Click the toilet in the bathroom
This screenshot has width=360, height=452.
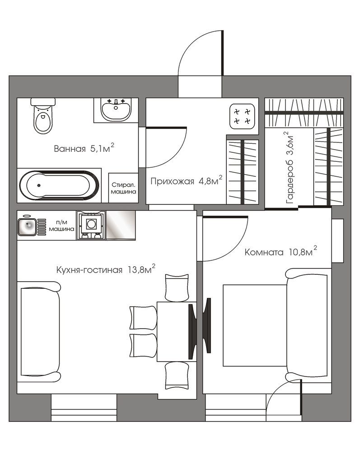coord(43,115)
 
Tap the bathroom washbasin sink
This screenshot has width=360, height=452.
coord(116,109)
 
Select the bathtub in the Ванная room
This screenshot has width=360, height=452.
coord(59,185)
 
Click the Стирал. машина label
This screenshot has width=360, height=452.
coord(124,188)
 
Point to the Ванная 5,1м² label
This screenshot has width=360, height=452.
coord(84,148)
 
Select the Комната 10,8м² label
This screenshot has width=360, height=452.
coord(281,252)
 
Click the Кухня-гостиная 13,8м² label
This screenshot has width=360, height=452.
coord(106,269)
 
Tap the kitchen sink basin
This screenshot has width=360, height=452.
coord(27,226)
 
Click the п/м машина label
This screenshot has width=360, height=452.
coord(61,226)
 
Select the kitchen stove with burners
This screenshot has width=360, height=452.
coord(91,225)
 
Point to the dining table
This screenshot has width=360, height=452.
coord(177,331)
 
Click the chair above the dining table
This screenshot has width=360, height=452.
coord(177,287)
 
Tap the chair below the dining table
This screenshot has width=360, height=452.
coord(177,375)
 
